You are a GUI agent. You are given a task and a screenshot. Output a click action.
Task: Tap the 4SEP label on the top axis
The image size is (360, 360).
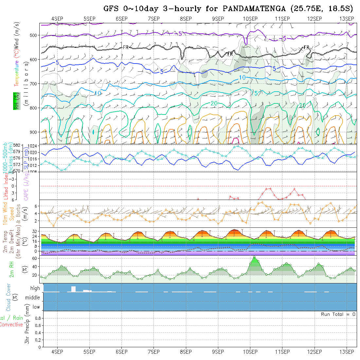pos(57,19)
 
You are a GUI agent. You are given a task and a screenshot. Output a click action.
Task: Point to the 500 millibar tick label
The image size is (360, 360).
pos(35,35)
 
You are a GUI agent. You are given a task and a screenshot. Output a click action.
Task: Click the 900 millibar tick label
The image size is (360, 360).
pos(35,132)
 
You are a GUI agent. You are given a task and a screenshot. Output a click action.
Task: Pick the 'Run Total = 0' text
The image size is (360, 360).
pos(338,314)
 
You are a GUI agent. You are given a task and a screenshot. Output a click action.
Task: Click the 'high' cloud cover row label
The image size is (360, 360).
pos(35,288)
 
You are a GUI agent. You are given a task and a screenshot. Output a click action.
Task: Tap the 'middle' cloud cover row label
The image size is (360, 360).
pos(33,298)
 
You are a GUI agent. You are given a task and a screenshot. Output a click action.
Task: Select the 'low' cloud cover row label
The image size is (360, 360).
pos(36,307)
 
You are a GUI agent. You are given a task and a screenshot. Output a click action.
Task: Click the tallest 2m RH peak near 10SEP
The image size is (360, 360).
pos(254,257)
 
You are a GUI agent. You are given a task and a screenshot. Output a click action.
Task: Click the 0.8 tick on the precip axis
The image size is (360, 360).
pos(38,318)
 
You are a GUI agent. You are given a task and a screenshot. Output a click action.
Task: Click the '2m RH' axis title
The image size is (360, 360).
pos(12,269)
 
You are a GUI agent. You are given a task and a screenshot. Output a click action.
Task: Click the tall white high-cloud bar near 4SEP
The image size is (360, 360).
pos(73,289)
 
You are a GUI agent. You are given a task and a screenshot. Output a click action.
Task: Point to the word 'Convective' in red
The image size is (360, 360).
pos(11,325)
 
